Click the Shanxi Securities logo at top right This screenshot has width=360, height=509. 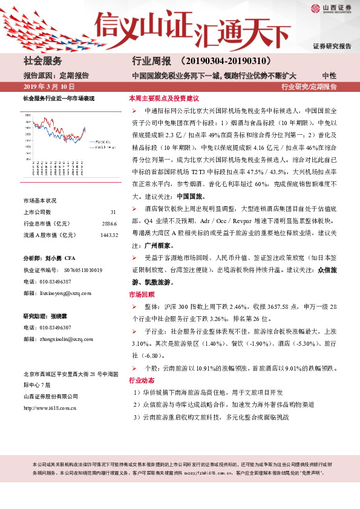point(332,8)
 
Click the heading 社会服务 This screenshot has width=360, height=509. point(43,61)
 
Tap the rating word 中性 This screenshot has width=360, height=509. point(329,76)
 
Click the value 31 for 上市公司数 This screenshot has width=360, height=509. point(113,212)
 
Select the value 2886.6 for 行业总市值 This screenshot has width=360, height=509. point(109,224)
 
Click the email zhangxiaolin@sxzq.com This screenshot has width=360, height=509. point(67,339)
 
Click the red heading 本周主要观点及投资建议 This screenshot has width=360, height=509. point(164,98)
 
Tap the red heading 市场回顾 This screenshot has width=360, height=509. point(142,294)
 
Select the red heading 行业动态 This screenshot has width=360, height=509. point(142,381)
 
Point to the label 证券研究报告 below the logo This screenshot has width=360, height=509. point(332,46)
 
